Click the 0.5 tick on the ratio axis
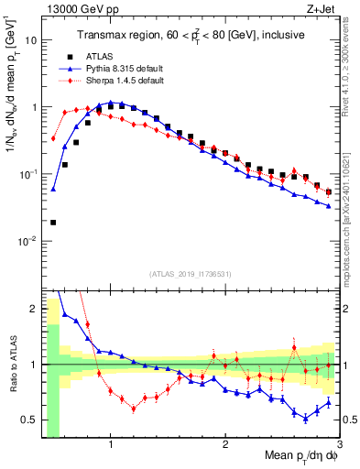pos(28,420)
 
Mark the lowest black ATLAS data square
pos(53,222)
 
